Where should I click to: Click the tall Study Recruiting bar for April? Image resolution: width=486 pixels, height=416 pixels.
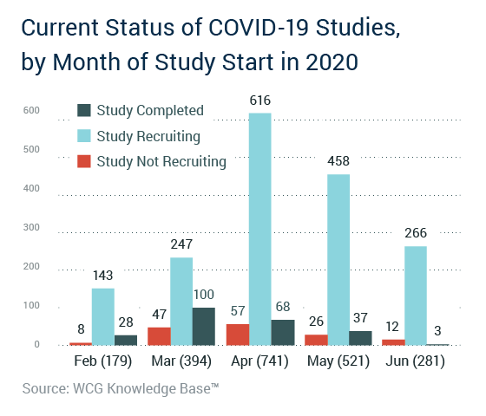click(260, 229)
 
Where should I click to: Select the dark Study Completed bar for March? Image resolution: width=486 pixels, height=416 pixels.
click(204, 326)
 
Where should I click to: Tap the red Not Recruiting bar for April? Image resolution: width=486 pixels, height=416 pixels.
click(238, 335)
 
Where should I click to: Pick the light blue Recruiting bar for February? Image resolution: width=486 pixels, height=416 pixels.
click(103, 316)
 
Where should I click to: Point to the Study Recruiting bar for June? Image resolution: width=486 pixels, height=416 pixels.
click(416, 296)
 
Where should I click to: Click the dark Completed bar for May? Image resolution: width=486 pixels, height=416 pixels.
click(360, 338)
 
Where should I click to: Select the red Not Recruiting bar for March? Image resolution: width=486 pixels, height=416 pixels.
click(159, 336)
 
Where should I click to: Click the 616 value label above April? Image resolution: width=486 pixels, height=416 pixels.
click(260, 101)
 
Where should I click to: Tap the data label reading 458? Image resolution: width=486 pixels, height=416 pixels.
click(338, 161)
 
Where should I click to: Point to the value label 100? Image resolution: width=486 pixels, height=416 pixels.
click(204, 295)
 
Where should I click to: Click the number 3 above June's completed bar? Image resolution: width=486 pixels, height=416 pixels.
click(437, 331)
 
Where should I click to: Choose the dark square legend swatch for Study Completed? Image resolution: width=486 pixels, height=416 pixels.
click(84, 111)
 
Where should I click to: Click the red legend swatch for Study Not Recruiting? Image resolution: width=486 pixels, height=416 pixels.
click(84, 161)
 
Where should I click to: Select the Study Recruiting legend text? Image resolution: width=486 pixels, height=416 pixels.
click(148, 137)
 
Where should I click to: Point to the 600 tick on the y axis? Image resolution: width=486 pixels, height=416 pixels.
click(31, 110)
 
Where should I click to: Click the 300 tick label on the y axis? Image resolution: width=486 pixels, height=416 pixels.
click(31, 227)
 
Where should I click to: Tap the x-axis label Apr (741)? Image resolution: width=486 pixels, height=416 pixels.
click(259, 361)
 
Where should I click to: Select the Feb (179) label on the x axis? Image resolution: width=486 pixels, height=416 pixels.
click(103, 361)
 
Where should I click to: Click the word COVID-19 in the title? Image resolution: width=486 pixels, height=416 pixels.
click(259, 28)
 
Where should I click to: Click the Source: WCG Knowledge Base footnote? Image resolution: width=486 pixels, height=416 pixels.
click(121, 389)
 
